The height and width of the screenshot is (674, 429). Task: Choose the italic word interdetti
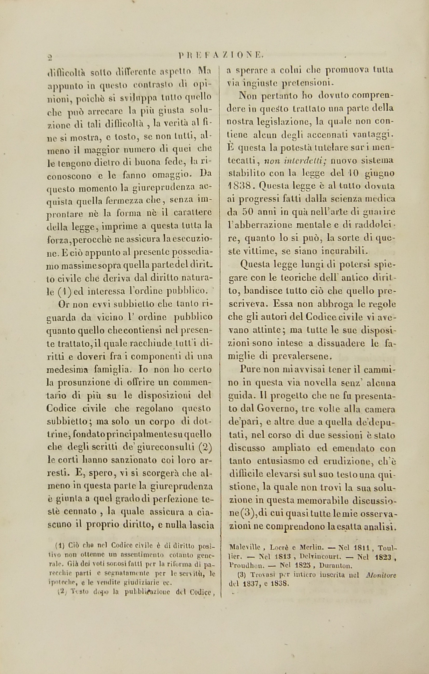click(293, 160)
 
